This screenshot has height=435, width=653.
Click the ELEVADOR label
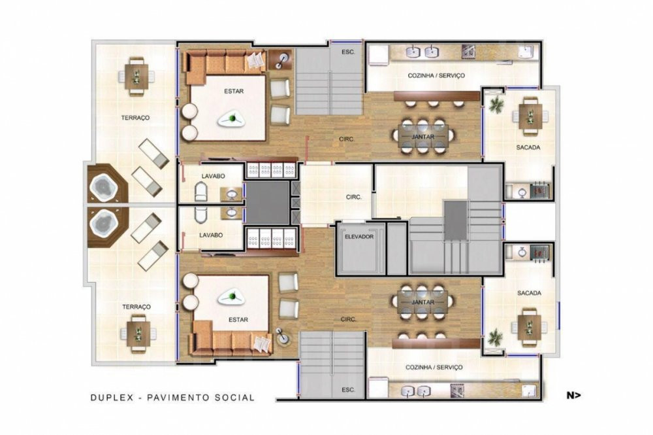tap(359, 237)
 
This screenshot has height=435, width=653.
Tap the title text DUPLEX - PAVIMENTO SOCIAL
tap(172, 398)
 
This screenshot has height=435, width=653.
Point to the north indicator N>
tap(573, 395)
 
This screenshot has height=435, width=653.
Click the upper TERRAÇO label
tap(135, 118)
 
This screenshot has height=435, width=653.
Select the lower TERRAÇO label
tap(136, 307)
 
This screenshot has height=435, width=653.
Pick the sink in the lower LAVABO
tap(232, 213)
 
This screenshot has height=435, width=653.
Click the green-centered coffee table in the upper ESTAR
tap(231, 119)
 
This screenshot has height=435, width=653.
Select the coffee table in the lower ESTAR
tap(232, 297)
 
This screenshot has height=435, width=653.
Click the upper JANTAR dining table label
tap(422, 137)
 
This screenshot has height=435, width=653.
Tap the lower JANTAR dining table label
tap(422, 302)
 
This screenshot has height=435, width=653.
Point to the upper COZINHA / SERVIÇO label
tap(436, 76)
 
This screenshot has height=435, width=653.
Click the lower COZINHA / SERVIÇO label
tap(434, 368)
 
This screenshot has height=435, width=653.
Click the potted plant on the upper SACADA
tap(496, 104)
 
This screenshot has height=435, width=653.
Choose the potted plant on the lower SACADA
tap(495, 336)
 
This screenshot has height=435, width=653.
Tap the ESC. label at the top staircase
tap(348, 52)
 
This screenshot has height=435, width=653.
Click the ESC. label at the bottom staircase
tap(348, 390)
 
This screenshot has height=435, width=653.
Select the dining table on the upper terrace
tap(136, 77)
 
